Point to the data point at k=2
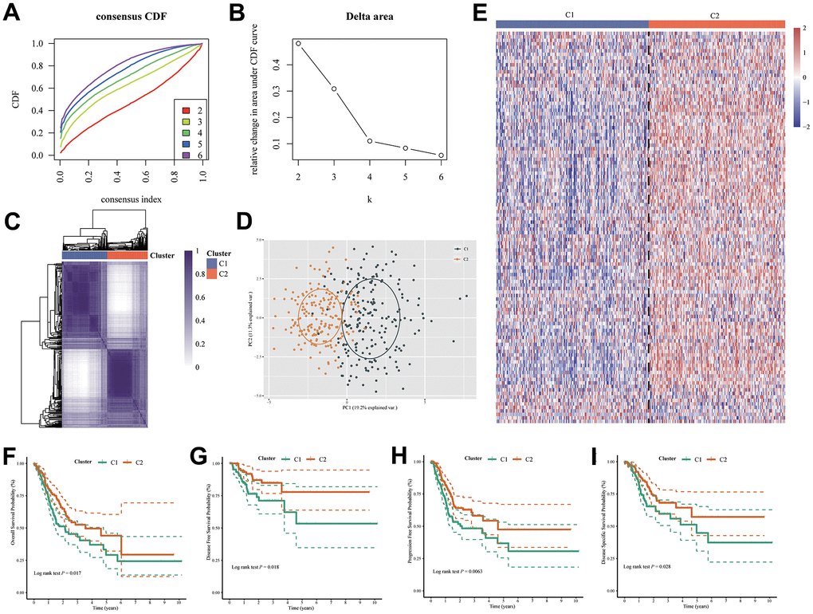[x=298, y=43]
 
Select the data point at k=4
[x=370, y=140]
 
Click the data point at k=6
[x=441, y=155]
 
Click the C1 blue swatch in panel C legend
[x=212, y=262]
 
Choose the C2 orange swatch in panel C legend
[x=212, y=275]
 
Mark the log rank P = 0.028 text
[x=655, y=573]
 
